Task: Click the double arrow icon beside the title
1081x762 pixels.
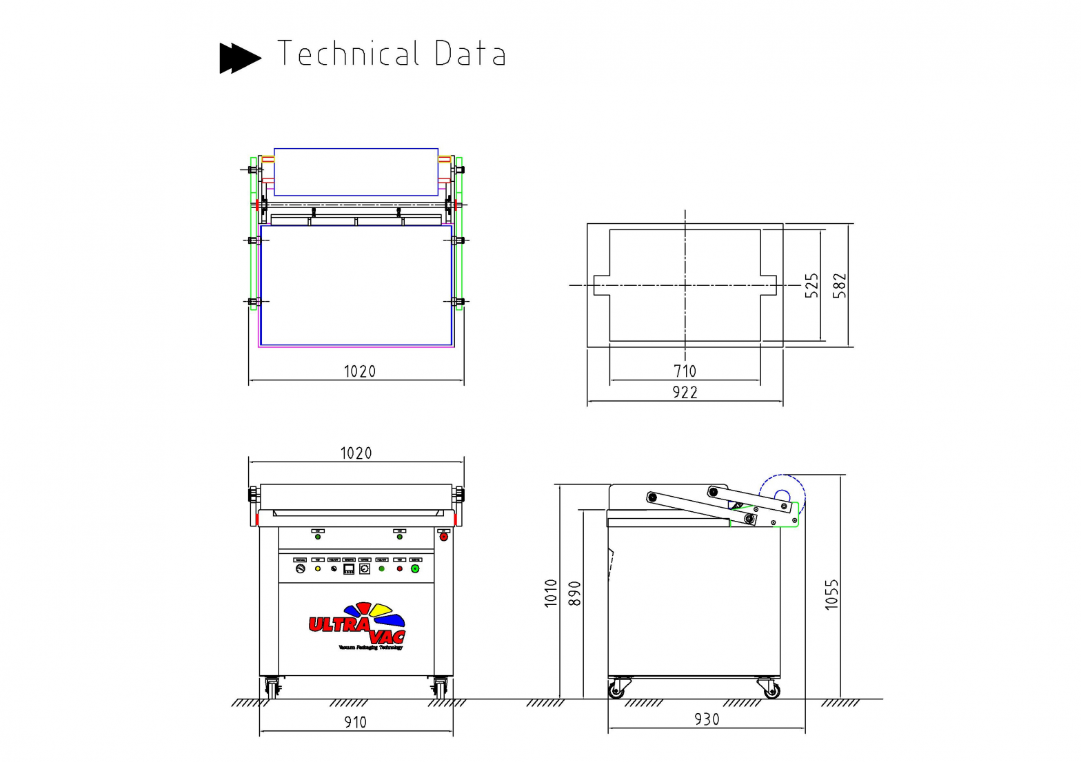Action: [x=239, y=57]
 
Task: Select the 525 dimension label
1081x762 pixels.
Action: [x=811, y=285]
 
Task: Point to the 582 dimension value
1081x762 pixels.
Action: [x=839, y=285]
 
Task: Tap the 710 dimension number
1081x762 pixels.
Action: [x=685, y=371]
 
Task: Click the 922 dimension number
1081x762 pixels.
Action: [x=685, y=393]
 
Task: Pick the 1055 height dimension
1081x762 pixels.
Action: [x=831, y=594]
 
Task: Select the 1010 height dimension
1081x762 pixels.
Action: [x=550, y=593]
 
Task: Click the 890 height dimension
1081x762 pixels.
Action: [x=574, y=593]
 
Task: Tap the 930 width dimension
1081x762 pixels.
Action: [x=707, y=719]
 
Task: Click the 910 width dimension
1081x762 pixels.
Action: [x=356, y=722]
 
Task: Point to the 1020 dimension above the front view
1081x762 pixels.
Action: [x=356, y=453]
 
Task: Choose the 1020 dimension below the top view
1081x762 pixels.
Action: [x=359, y=372]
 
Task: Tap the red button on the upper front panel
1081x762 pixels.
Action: [x=443, y=537]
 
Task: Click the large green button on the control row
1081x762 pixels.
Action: [x=415, y=569]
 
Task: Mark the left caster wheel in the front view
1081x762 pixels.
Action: [x=272, y=687]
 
